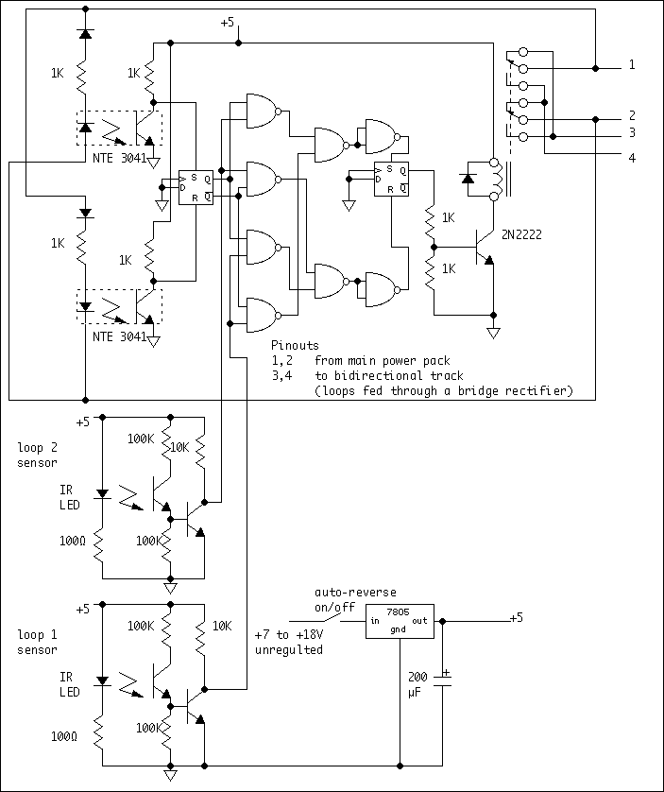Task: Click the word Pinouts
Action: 295,346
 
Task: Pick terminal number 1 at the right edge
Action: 632,66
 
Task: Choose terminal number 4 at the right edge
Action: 632,157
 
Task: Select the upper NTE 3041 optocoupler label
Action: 119,158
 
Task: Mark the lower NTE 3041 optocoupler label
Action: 119,336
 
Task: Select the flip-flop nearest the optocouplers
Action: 196,187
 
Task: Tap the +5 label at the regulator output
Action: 516,618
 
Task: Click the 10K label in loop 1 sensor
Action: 222,626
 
